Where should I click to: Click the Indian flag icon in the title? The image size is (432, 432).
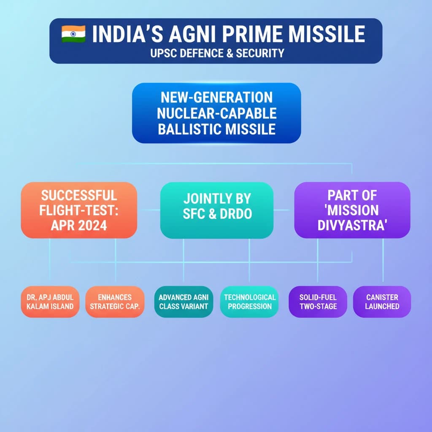(x=73, y=34)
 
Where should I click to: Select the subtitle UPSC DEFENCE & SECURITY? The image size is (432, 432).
(x=217, y=53)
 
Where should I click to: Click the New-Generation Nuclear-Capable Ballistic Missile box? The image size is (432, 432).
(x=216, y=113)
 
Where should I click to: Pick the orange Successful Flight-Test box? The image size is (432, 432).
(x=79, y=210)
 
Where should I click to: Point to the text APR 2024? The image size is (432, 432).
(x=79, y=225)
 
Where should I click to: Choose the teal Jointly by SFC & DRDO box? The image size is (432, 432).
(x=217, y=210)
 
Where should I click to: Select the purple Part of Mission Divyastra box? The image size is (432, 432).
(x=352, y=210)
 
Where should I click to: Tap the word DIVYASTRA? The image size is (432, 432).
(x=352, y=225)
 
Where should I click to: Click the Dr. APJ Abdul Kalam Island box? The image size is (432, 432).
(x=50, y=302)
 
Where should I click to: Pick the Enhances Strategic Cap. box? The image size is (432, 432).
(x=115, y=302)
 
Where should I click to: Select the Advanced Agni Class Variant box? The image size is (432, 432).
(x=184, y=302)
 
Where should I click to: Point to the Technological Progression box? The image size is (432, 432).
(x=249, y=302)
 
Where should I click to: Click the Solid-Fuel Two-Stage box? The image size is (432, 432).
(x=318, y=302)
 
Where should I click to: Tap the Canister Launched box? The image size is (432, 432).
(x=382, y=302)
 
